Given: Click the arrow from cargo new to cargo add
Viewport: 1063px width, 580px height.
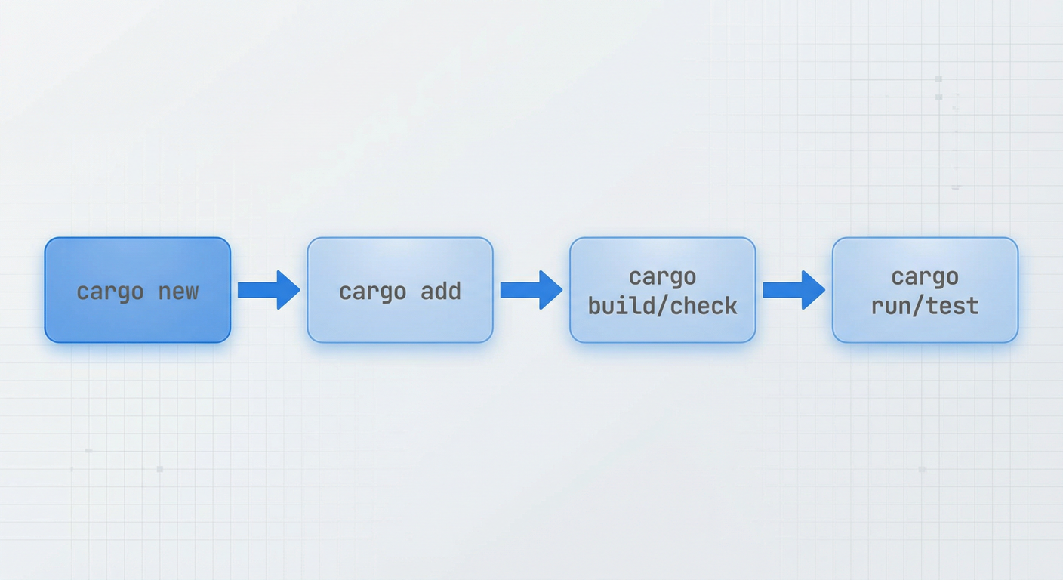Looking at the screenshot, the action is (x=268, y=290).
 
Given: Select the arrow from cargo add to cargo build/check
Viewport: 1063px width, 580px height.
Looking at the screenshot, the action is (x=531, y=290).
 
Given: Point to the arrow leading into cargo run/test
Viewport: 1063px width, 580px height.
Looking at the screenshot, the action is (x=793, y=290).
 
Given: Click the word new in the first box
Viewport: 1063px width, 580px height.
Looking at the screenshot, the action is (x=178, y=292).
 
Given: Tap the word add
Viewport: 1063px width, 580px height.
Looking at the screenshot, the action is (x=441, y=292).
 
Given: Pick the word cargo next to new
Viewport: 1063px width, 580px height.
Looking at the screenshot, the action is (x=110, y=292).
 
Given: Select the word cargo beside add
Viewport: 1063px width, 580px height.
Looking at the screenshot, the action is (x=373, y=292).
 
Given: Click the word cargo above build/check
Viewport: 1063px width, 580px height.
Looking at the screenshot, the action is (x=662, y=277).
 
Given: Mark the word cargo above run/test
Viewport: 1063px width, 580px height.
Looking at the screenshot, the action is (x=925, y=277).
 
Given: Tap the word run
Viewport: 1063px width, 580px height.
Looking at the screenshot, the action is (x=892, y=307).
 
